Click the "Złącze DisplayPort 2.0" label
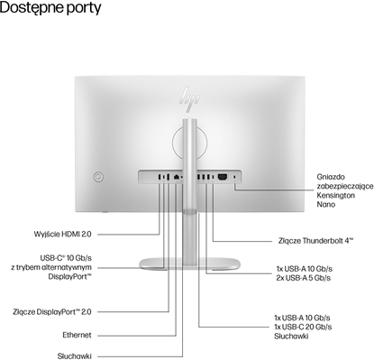(x=70, y=312)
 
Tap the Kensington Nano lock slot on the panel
(x=235, y=177)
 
